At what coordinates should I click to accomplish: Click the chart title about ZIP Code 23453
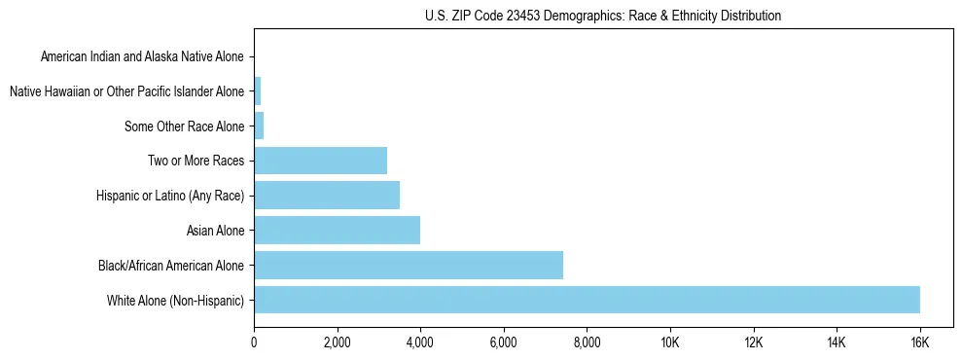(x=603, y=16)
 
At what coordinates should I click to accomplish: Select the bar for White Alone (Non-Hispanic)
(x=587, y=300)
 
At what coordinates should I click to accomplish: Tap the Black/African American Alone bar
(x=409, y=265)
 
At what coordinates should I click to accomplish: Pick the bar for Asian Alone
(x=337, y=231)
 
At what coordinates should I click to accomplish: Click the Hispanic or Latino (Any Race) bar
(x=327, y=196)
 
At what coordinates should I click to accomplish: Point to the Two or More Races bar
(x=320, y=161)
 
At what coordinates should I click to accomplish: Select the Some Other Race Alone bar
(x=259, y=126)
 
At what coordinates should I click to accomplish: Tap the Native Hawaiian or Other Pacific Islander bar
(x=257, y=91)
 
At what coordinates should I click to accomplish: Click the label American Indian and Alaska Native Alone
(x=143, y=56)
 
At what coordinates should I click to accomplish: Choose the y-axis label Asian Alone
(x=215, y=231)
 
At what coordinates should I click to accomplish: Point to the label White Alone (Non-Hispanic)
(x=176, y=300)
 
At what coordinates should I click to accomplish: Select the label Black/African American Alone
(x=171, y=265)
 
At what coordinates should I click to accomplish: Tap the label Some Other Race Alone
(x=185, y=126)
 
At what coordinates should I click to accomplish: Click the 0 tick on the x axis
(x=254, y=343)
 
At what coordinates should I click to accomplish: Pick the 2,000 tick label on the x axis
(x=337, y=343)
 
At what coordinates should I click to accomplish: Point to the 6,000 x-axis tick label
(x=504, y=343)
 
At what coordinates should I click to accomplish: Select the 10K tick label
(x=670, y=343)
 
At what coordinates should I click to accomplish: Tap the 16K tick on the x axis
(x=920, y=343)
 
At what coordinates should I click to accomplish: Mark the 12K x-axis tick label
(x=754, y=343)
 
